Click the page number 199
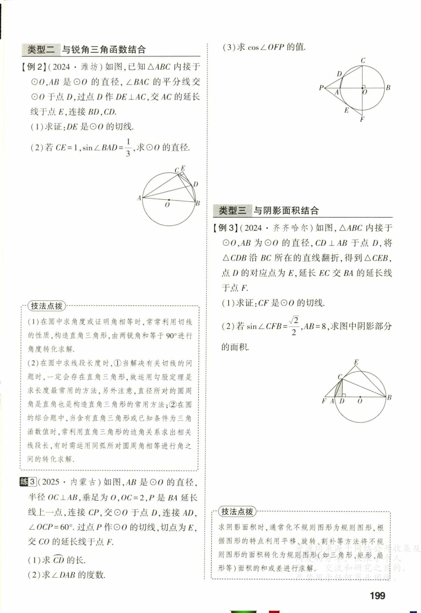tap(377, 595)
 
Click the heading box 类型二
tap(41, 50)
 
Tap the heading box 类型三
tap(232, 211)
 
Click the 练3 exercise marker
tap(28, 482)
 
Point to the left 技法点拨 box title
tap(46, 306)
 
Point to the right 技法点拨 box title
tap(237, 512)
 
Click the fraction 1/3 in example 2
tap(128, 148)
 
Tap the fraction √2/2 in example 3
tap(294, 326)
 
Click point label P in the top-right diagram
tap(321, 88)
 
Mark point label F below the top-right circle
tap(362, 119)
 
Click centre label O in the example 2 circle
tap(167, 205)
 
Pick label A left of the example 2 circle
tap(139, 198)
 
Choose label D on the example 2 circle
tap(195, 184)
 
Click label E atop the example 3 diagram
tap(356, 362)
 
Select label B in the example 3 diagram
tap(389, 397)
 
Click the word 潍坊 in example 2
tap(89, 67)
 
